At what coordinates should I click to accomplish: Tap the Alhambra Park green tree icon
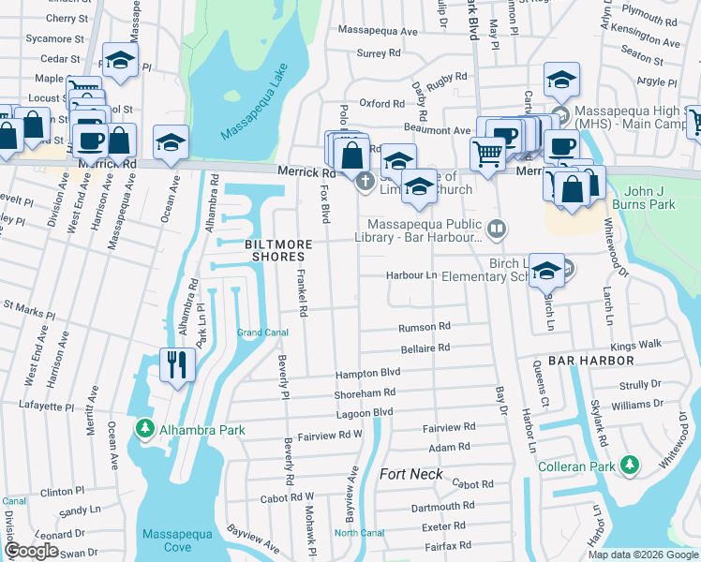144,430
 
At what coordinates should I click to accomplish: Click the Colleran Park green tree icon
631,466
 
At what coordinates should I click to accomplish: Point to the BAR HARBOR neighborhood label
591,360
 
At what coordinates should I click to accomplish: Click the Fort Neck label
410,474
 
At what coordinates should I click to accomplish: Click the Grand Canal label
261,333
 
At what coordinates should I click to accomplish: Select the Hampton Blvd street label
368,373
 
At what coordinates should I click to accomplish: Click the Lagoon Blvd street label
364,412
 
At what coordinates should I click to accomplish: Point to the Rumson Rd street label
425,327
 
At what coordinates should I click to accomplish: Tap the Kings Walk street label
635,345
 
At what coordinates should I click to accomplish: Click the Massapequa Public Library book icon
497,227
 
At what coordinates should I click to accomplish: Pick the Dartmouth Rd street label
440,507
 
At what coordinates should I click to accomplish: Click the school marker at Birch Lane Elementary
546,270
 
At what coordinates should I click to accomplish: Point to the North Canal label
359,533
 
